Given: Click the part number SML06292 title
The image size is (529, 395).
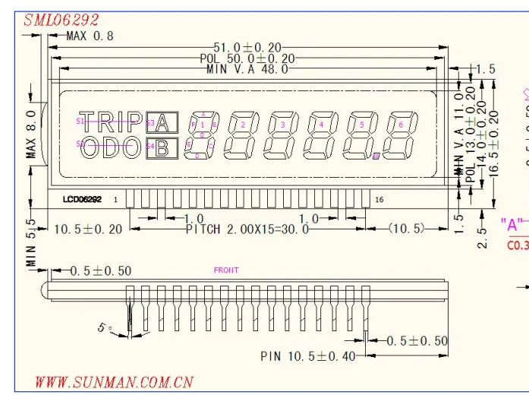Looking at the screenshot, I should point(61,20).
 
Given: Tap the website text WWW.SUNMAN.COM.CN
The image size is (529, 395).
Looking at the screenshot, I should point(114,381).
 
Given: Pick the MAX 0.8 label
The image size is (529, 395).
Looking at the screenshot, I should point(90,35).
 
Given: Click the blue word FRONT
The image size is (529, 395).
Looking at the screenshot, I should point(226,270).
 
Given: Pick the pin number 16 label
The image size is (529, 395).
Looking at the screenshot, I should point(379,199).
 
